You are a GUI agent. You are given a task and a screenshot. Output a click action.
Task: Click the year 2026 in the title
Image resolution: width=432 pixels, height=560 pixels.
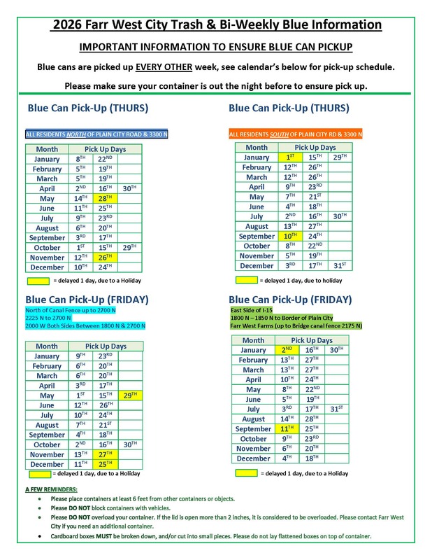tap(70, 25)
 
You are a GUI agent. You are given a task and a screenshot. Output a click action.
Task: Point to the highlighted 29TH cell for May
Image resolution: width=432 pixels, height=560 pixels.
tap(131, 395)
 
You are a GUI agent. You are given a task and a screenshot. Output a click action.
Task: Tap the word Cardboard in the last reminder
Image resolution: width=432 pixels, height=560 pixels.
tap(66, 536)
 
